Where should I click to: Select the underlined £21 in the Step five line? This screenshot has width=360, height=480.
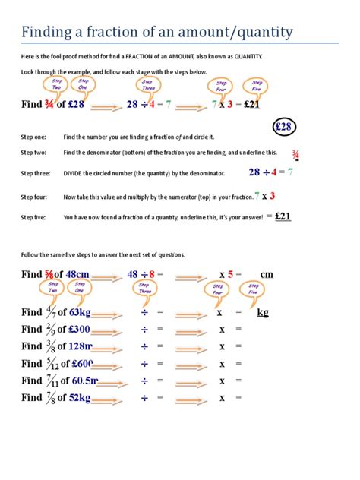click(x=282, y=216)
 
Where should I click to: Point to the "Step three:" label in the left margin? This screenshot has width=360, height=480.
click(x=36, y=173)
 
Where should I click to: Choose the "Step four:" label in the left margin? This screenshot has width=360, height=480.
click(x=35, y=197)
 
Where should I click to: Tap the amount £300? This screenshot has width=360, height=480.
click(x=79, y=329)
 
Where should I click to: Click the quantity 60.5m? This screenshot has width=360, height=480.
click(x=84, y=381)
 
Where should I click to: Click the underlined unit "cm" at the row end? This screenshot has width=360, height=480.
click(x=266, y=274)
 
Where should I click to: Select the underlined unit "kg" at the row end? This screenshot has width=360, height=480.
click(x=263, y=312)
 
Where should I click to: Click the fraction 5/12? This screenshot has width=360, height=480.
click(x=50, y=363)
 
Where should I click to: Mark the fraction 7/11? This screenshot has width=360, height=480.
click(x=50, y=381)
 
